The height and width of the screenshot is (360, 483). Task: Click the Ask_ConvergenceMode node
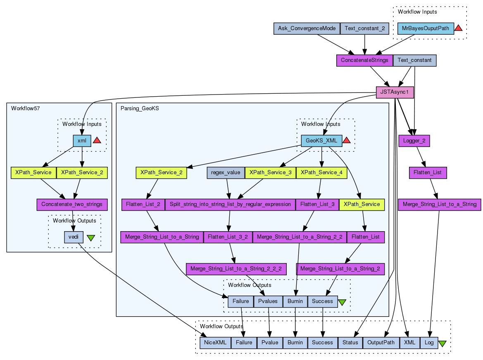(307, 28)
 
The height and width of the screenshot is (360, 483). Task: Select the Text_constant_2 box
(364, 28)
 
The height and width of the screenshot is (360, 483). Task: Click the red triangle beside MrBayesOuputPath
(458, 28)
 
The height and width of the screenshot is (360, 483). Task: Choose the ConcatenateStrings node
(364, 60)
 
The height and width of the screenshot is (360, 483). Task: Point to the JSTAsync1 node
(395, 92)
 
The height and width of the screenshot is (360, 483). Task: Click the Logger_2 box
(414, 141)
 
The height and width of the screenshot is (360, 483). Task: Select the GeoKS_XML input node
(321, 141)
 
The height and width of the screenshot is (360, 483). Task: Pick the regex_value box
(226, 173)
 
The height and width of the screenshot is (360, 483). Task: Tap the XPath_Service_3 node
(270, 173)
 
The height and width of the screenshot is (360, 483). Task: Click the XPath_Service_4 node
(321, 173)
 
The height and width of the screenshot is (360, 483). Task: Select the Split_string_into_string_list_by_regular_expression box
(230, 204)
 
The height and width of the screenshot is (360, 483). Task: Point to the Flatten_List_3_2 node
(228, 237)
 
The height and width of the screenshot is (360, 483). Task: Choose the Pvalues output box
(268, 301)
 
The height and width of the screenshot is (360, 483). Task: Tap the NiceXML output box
(215, 343)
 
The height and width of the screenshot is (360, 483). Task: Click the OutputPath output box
(381, 343)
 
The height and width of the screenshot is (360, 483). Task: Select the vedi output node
(74, 237)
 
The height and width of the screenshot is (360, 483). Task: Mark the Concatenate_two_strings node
(72, 204)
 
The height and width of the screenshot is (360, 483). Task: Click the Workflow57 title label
(25, 109)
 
